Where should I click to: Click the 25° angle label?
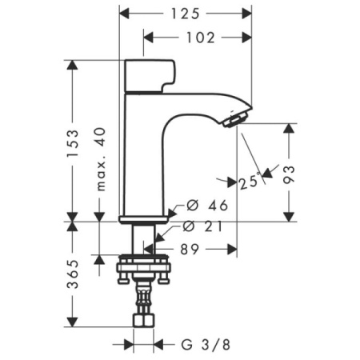250,182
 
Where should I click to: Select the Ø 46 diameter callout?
207,206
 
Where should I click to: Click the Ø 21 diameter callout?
206,227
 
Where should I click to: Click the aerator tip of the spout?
233,121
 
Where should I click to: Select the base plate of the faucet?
144,218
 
